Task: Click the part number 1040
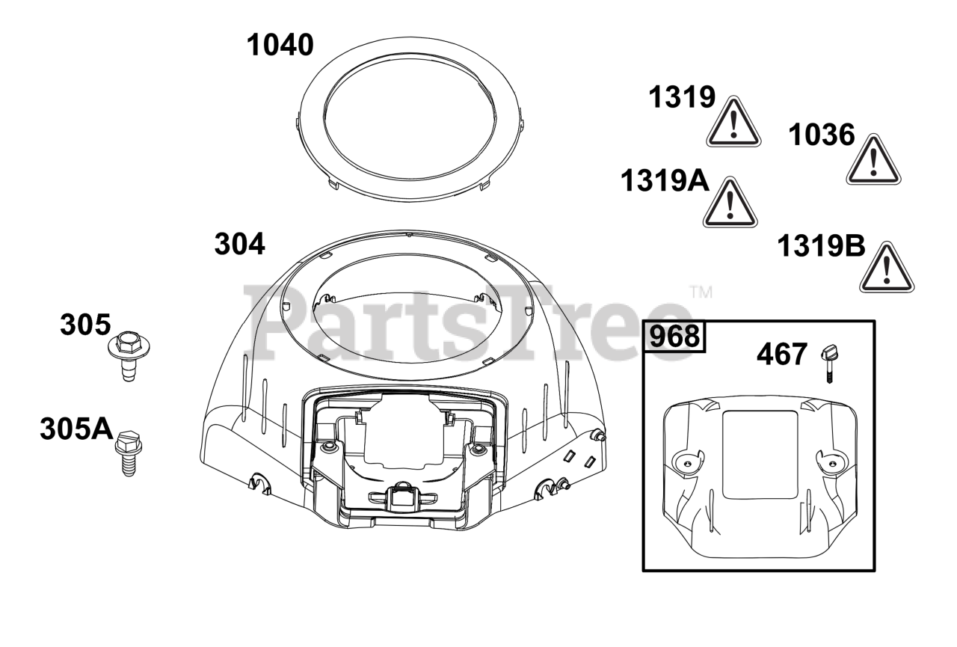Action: point(280,46)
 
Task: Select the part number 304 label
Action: point(240,244)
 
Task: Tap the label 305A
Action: point(76,429)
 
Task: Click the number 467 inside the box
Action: point(782,355)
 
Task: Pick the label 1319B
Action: point(821,246)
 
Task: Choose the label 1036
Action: point(821,135)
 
